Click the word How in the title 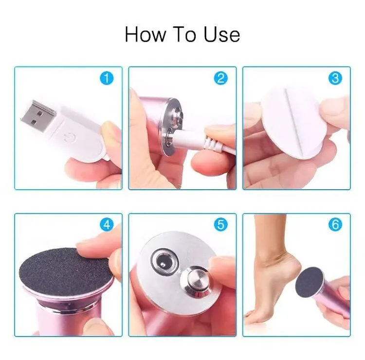click(x=146, y=35)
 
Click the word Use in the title click(x=221, y=35)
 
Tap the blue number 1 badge click(x=107, y=78)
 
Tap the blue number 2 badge click(x=220, y=78)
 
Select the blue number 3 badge click(x=335, y=78)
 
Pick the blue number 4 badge click(x=107, y=225)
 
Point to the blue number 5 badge click(x=220, y=225)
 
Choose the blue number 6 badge click(x=335, y=225)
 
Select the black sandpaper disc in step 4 click(x=66, y=270)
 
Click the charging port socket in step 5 click(x=165, y=261)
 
